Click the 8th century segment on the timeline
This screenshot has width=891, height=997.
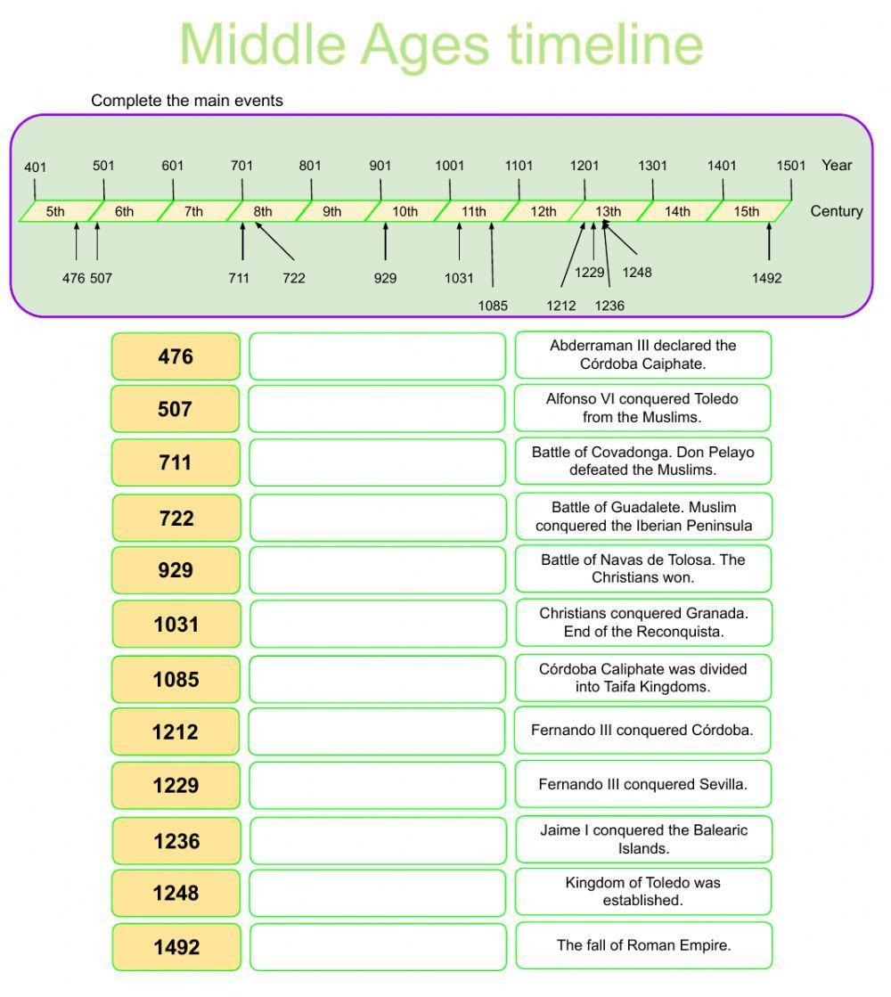click(x=262, y=211)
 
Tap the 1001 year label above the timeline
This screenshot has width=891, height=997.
click(x=450, y=166)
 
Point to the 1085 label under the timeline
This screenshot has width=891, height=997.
click(x=493, y=306)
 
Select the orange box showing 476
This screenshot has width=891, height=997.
click(x=176, y=356)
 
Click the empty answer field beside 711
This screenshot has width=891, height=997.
click(x=377, y=462)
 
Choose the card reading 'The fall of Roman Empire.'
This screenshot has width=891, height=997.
click(x=643, y=945)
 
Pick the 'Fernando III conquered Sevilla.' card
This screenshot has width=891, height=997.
click(x=643, y=785)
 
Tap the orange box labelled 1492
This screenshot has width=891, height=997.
click(x=176, y=947)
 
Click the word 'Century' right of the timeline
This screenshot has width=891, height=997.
click(x=837, y=211)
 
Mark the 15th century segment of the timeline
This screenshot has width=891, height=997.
click(x=747, y=211)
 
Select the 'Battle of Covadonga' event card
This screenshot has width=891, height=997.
click(x=643, y=461)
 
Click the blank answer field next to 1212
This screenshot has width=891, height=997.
click(x=377, y=731)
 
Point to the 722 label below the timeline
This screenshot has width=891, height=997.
click(x=294, y=278)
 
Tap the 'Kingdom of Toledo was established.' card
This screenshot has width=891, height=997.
click(x=643, y=892)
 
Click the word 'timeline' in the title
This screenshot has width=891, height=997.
click(x=605, y=45)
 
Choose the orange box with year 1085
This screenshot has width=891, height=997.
click(x=176, y=679)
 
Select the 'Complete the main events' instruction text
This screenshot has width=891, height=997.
click(x=187, y=101)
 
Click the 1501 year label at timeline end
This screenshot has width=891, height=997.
click(x=790, y=166)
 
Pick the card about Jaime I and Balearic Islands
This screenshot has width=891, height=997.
click(x=643, y=839)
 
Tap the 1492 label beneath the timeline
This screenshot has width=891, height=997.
click(x=766, y=278)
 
